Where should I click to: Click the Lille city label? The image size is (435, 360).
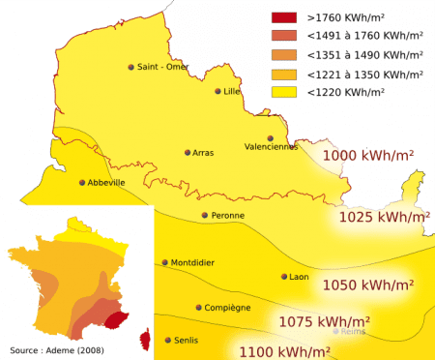pyautogui.click(x=231, y=91)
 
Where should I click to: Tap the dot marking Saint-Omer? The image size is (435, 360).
pyautogui.click(x=131, y=67)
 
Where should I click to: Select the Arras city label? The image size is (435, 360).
pyautogui.click(x=203, y=153)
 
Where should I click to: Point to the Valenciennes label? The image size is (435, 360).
pyautogui.click(x=272, y=147)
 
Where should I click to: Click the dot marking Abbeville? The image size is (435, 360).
pyautogui.click(x=82, y=182)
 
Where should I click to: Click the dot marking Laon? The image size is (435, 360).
pyautogui.click(x=284, y=277)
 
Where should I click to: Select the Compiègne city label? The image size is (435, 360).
pyautogui.click(x=227, y=308)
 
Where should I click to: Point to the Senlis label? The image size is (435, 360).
pyautogui.click(x=187, y=341)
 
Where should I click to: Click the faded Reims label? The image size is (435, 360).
pyautogui.click(x=350, y=331)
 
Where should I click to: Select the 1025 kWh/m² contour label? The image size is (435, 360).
pyautogui.click(x=383, y=218)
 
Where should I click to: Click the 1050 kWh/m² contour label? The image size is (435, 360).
pyautogui.click(x=368, y=285)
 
